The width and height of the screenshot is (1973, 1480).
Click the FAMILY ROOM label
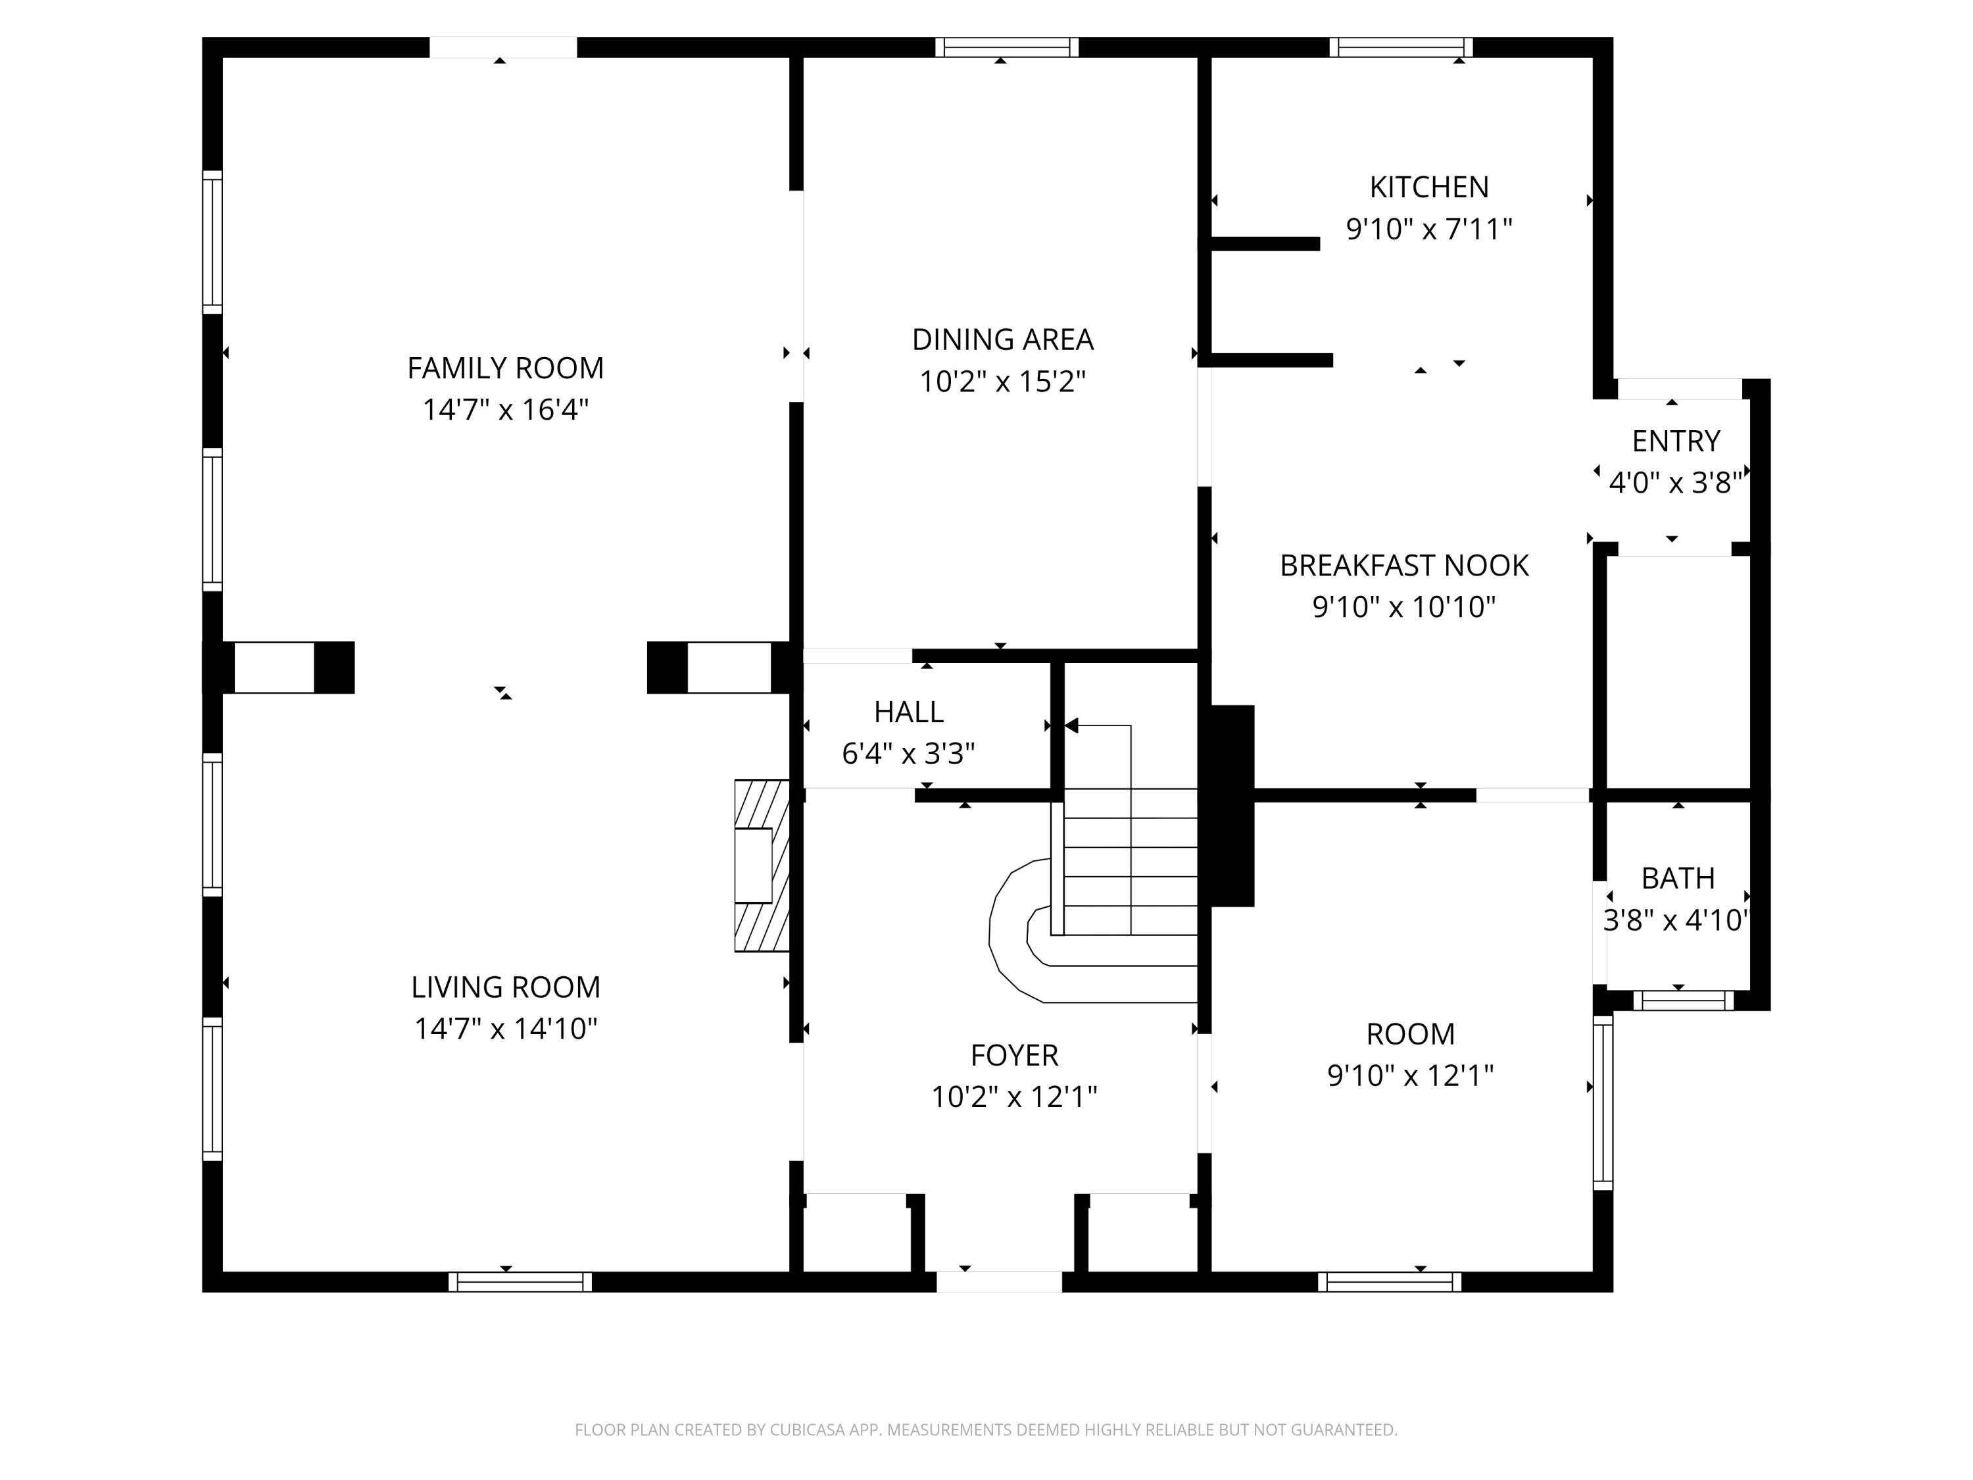tap(506, 368)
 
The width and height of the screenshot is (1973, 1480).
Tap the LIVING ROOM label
tap(506, 987)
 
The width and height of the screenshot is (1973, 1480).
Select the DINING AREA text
tap(1002, 339)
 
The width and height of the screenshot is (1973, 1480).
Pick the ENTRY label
tap(1676, 441)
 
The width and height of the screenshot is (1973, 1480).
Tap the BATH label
tap(1678, 879)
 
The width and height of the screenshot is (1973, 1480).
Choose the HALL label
tap(908, 712)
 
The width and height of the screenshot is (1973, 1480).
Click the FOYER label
tap(1014, 1055)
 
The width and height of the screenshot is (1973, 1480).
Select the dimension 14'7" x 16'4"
tap(506, 410)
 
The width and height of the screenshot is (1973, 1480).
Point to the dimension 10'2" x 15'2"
tap(1002, 382)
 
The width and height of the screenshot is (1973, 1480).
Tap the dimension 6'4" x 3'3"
tap(908, 754)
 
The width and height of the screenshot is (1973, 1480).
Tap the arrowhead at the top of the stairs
tap(1071, 726)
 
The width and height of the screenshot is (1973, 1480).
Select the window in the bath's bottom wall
tap(1683, 1001)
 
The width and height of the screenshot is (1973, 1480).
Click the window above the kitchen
tap(1401, 47)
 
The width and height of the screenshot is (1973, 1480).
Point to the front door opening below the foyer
tap(999, 1281)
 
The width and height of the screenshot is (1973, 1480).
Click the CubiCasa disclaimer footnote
tap(986, 1430)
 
